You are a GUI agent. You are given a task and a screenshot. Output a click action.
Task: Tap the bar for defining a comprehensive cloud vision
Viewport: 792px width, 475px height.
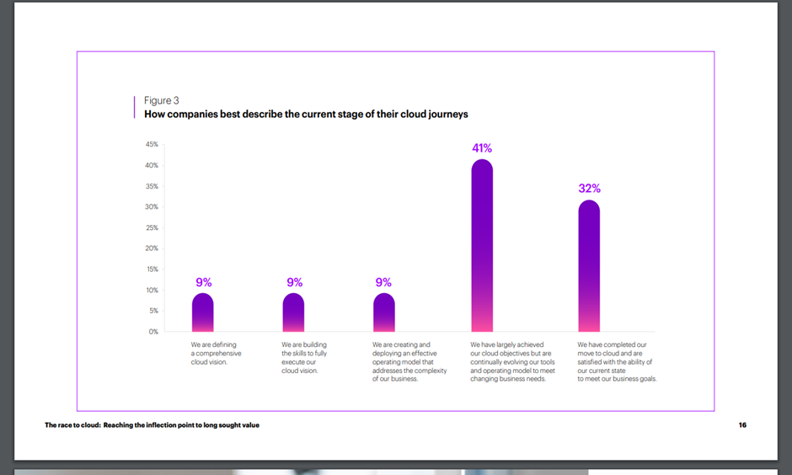203,312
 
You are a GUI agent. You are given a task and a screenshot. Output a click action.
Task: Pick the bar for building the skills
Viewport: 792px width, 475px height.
293,312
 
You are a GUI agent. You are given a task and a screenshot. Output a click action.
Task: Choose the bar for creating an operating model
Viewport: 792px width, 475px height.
383,312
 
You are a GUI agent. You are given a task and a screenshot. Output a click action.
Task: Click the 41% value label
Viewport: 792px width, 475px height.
482,148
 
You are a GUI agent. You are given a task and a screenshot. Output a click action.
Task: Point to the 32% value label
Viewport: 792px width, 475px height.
589,189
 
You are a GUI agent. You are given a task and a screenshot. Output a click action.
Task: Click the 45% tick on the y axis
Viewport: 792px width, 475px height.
152,145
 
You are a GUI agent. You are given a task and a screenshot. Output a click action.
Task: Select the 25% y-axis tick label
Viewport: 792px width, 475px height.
152,227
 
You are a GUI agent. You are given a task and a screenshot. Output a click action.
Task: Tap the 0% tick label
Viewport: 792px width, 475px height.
153,332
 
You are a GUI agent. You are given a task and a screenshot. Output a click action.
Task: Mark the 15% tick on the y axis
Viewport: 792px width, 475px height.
152,270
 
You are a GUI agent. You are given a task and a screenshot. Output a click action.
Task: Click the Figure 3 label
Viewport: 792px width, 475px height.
162,100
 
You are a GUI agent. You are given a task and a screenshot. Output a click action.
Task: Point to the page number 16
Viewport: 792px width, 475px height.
742,425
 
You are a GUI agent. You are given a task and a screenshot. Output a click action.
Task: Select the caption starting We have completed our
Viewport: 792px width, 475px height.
617,362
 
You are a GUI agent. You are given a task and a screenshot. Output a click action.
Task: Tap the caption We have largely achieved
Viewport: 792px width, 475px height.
512,362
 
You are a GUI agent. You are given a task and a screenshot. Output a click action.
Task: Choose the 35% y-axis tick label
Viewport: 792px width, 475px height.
152,186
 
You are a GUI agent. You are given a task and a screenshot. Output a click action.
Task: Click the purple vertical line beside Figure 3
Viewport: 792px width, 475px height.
135,106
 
